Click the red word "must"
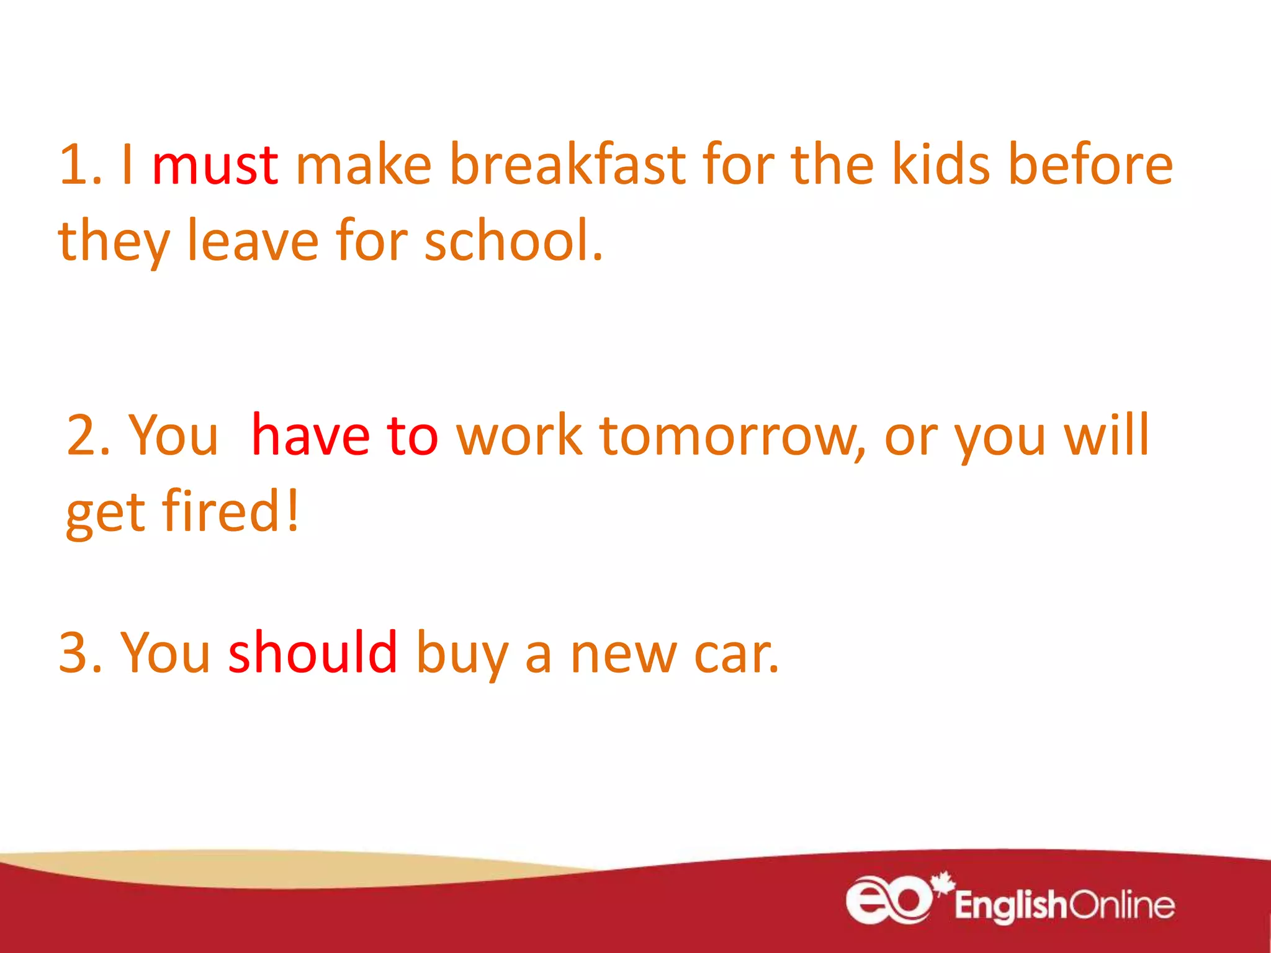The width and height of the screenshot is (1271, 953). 215,165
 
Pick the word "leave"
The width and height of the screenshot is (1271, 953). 253,241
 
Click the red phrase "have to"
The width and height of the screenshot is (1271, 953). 345,436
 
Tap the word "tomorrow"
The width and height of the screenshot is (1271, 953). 732,436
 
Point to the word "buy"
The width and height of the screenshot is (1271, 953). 462,653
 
